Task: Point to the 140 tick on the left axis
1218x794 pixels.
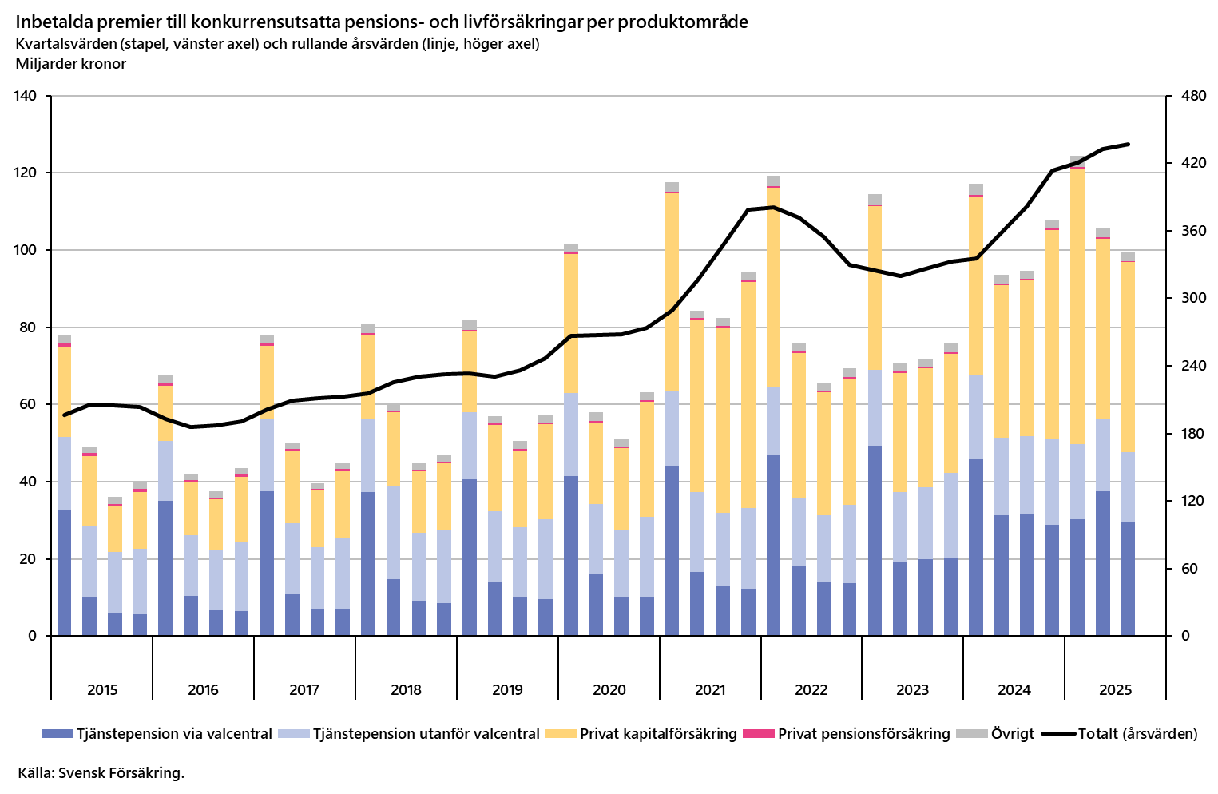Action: (26, 96)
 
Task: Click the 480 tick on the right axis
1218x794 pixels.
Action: (1192, 96)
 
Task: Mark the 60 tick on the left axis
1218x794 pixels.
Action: (29, 404)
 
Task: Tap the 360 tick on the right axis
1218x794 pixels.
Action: (1192, 231)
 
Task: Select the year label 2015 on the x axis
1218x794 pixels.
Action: (101, 690)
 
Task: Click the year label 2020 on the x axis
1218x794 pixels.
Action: (609, 690)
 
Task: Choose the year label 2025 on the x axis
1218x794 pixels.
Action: (1115, 690)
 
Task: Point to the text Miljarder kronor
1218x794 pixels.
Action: (71, 64)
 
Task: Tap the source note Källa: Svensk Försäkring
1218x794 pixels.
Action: (101, 772)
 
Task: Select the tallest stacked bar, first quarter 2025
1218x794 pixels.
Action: (1077, 399)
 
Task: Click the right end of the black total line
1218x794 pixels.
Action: (1128, 145)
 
